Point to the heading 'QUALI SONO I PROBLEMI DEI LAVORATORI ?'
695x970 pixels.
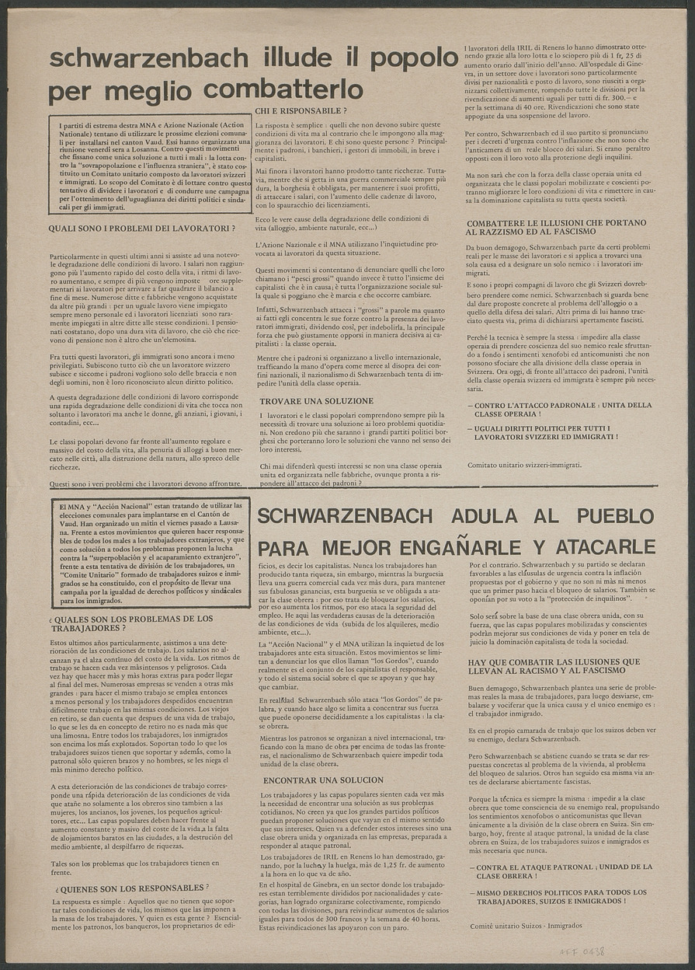[141, 229]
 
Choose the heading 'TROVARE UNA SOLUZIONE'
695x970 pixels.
[316, 401]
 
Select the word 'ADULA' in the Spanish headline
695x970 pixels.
[463, 515]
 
